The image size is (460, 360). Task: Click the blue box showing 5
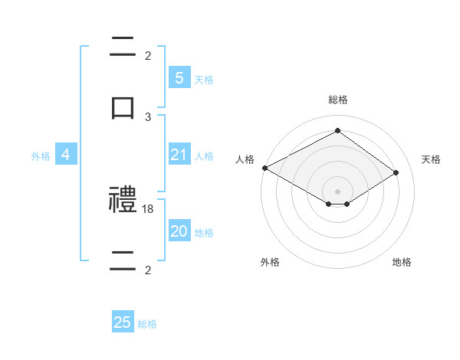coord(179,78)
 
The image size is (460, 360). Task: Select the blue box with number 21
coord(179,155)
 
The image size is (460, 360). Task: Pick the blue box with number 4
coord(66,155)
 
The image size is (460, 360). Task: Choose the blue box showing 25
coord(123,323)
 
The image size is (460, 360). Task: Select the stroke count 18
coord(149,208)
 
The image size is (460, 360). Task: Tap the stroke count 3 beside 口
coord(148,116)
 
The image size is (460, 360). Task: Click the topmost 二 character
coord(123,47)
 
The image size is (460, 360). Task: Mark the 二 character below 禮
coord(123,262)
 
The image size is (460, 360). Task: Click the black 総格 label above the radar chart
coord(338,100)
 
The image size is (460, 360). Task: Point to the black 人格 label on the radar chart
coord(245,159)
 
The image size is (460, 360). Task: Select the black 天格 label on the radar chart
coord(431,159)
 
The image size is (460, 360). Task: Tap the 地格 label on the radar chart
coord(402,262)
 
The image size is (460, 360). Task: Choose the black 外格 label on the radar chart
coord(270,262)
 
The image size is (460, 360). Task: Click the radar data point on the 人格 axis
coord(264,168)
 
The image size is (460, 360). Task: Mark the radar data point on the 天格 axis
coord(396,173)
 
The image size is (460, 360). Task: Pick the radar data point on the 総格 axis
coord(337,130)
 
